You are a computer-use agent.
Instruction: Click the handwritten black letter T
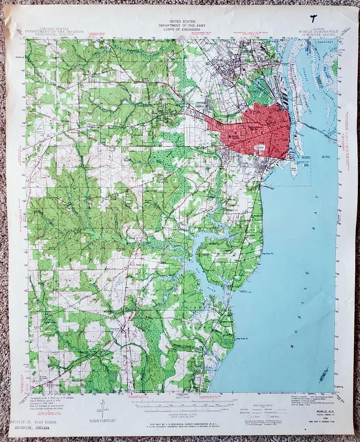pyautogui.click(x=314, y=18)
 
